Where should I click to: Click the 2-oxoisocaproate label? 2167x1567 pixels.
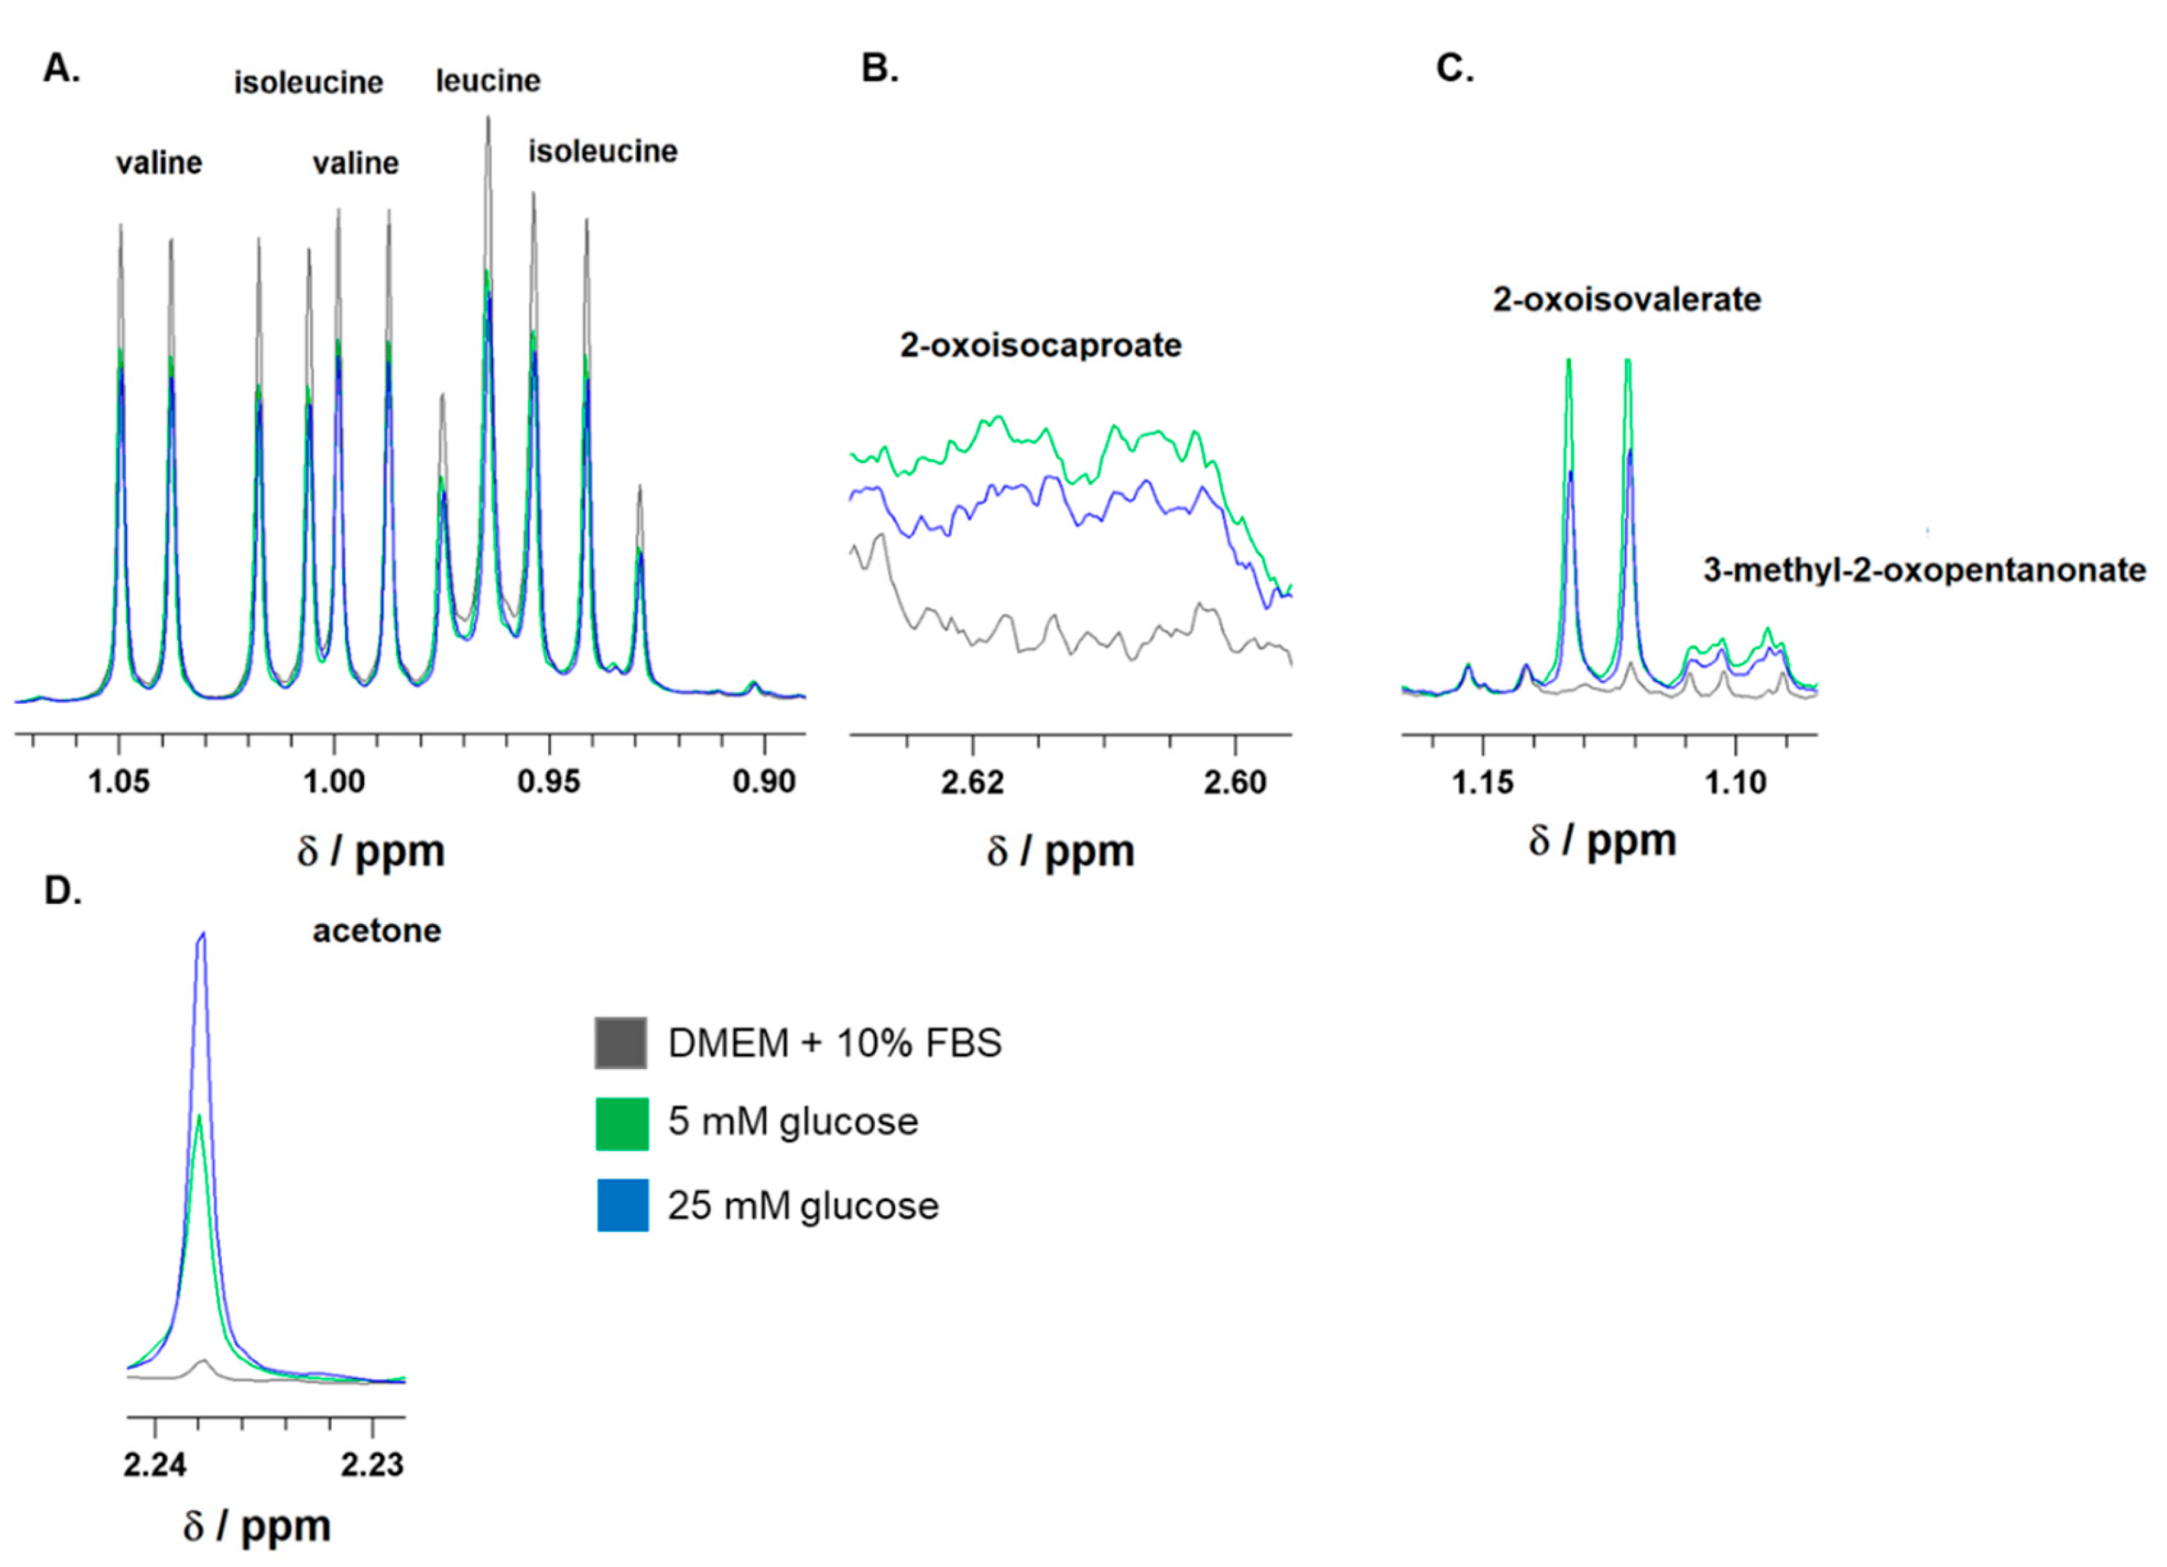[x=1041, y=345]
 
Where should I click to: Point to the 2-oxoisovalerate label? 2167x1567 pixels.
[x=1626, y=299]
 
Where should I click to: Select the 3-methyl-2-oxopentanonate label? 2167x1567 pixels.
[x=1924, y=571]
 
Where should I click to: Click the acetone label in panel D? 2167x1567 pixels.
[x=376, y=930]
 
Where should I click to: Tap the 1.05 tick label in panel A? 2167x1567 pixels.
[x=120, y=781]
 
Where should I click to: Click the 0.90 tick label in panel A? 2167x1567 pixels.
[x=763, y=781]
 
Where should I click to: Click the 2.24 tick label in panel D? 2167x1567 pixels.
[x=155, y=1464]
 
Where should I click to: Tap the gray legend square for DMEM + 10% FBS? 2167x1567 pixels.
[x=621, y=1043]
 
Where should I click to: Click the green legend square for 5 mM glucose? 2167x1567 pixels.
[x=621, y=1124]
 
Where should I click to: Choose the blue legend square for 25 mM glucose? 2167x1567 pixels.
[x=621, y=1205]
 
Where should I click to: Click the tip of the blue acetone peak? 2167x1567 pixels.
[x=201, y=934]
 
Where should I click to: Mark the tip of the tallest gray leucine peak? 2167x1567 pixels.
[x=488, y=118]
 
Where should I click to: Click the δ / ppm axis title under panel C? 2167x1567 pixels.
[x=1602, y=840]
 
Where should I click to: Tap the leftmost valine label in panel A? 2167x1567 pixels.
[x=158, y=163]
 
